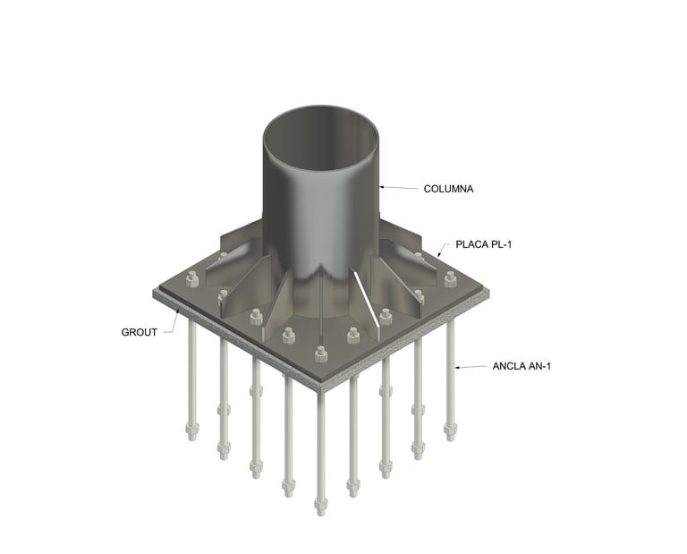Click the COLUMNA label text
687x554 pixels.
pos(448,189)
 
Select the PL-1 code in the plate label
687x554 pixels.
pos(501,244)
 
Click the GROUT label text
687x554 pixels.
pos(139,332)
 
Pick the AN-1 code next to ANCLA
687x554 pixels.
pos(539,366)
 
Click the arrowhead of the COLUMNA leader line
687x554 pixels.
pos(382,187)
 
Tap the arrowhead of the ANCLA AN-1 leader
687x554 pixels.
pos(457,367)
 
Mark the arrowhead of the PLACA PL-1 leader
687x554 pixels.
pos(439,254)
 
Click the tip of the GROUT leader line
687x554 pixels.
pos(178,311)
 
